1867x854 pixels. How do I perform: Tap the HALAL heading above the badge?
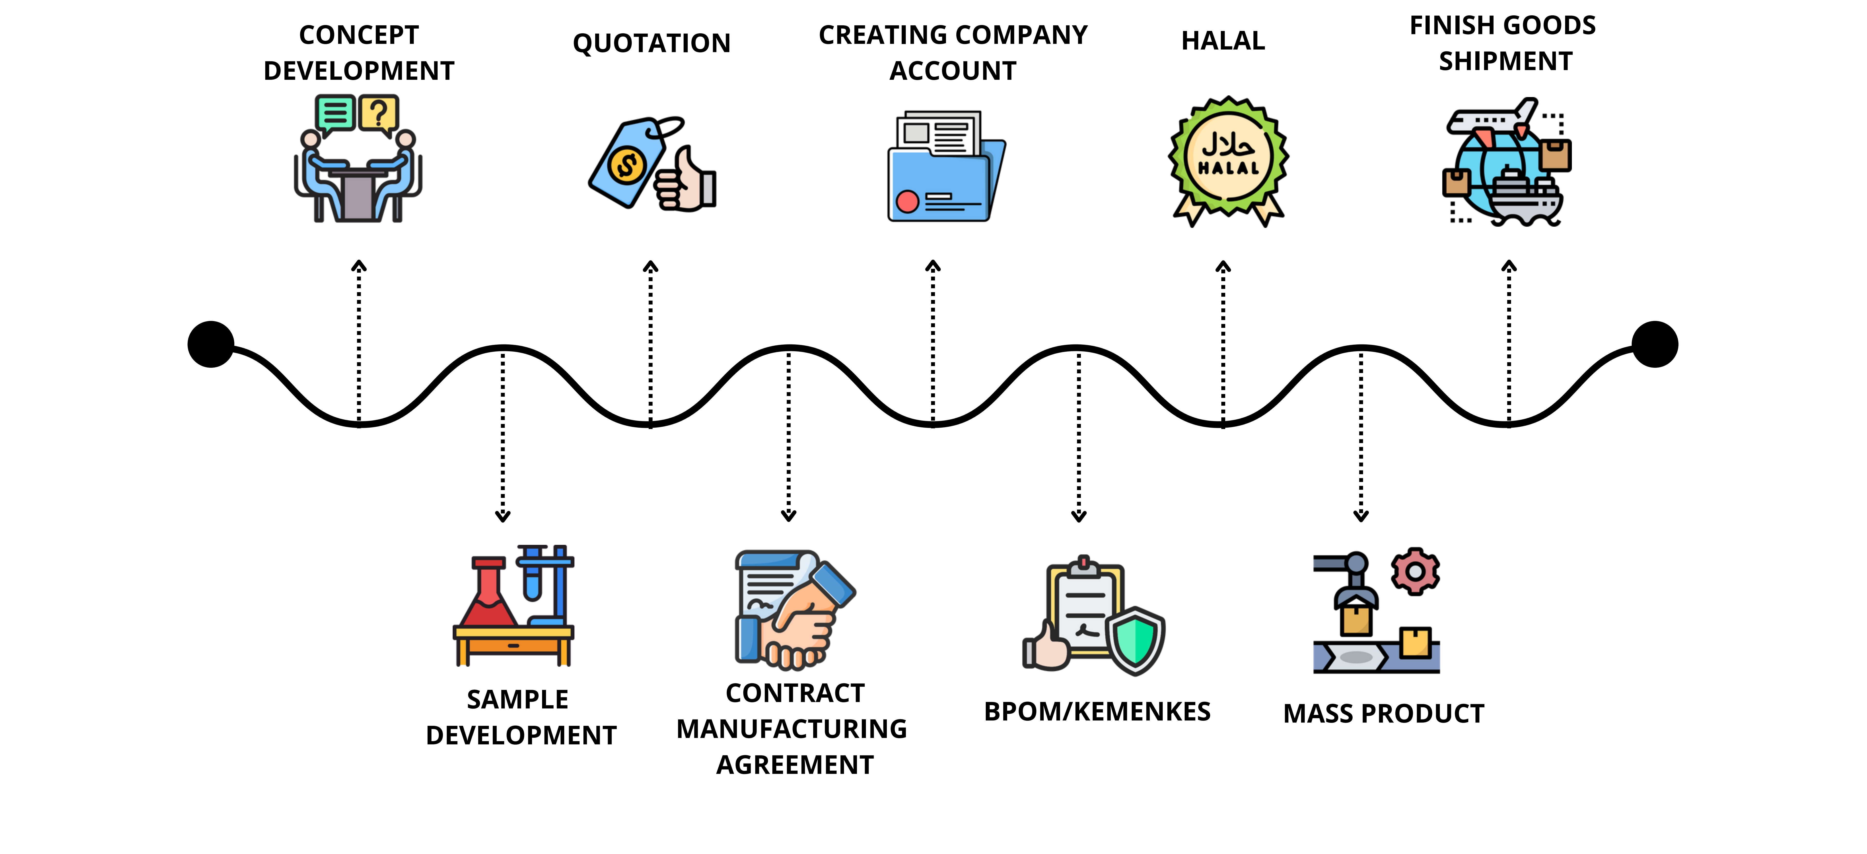point(1223,41)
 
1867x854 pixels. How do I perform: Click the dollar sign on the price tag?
point(626,165)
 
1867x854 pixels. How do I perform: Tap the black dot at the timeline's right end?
point(1655,344)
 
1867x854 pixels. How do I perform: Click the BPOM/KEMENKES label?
point(1097,712)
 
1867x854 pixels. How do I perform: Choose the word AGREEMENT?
point(795,765)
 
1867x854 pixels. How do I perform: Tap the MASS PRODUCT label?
point(1383,714)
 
